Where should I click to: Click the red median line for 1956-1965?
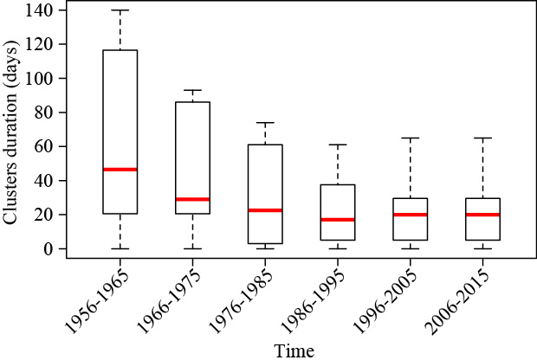coord(120,170)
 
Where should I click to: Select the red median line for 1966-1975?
coord(192,199)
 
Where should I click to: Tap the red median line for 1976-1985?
coord(265,210)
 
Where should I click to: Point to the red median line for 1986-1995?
coord(337,220)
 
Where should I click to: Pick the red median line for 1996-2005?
coord(410,215)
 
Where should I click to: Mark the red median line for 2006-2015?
coord(482,215)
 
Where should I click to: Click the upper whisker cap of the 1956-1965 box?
coord(120,10)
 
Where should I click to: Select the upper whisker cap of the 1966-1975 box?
coord(192,90)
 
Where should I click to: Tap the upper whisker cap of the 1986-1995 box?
coord(337,145)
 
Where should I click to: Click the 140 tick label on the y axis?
coord(41,10)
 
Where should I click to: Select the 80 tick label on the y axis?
coord(45,112)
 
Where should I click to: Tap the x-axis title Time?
coord(294,350)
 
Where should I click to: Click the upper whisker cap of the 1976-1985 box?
coord(265,123)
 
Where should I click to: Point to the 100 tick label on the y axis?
coord(41,79)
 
